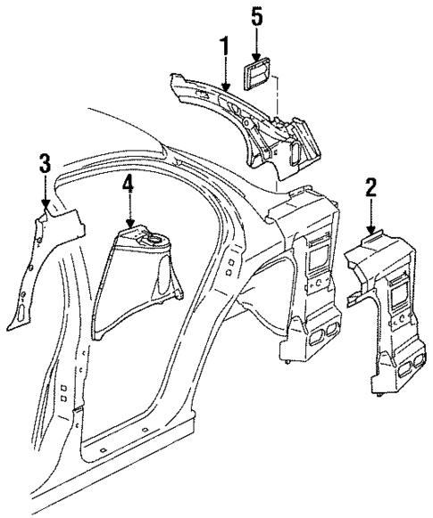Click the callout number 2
click(x=371, y=187)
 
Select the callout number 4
click(x=129, y=184)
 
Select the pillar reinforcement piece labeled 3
click(x=40, y=267)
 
